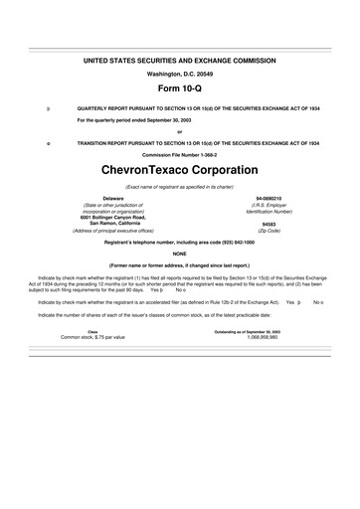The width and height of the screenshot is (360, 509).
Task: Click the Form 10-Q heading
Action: (x=179, y=89)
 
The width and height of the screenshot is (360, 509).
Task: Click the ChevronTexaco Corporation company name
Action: (x=179, y=170)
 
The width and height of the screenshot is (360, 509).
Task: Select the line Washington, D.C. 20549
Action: (x=179, y=75)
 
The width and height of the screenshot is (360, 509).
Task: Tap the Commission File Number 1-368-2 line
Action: (x=179, y=155)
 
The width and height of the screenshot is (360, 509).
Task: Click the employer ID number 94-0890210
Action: (x=269, y=199)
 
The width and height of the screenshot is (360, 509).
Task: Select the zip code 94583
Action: (x=269, y=224)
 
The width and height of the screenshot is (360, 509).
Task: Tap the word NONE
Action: (x=179, y=254)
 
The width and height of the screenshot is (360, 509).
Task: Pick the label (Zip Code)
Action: (x=269, y=231)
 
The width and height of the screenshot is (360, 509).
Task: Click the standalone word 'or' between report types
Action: (x=179, y=131)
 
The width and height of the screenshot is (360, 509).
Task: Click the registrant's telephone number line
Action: (x=179, y=243)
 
